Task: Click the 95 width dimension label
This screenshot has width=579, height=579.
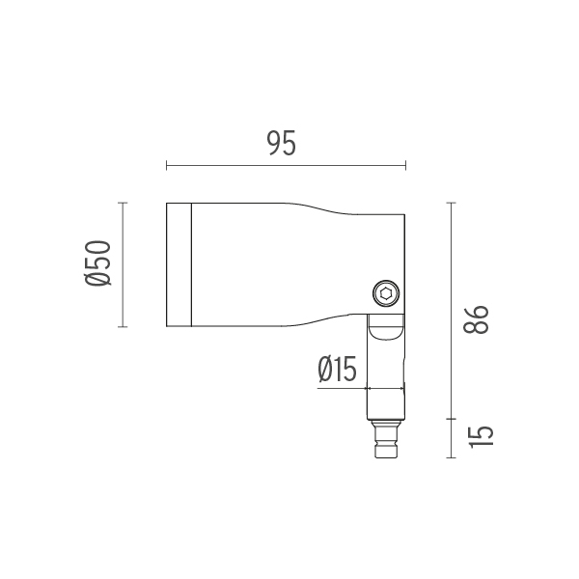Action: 282,143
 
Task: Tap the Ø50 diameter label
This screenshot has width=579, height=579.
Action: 97,262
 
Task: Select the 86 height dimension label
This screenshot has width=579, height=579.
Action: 476,319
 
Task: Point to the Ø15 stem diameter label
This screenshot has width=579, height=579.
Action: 337,369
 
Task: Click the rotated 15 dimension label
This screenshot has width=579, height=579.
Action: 482,437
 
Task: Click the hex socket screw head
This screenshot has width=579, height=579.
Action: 386,293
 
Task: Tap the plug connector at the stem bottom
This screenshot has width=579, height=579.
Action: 386,439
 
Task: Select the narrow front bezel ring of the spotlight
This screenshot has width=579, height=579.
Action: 179,264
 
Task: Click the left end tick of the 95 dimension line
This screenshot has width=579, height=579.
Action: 167,165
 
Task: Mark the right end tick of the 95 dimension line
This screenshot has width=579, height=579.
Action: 405,165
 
